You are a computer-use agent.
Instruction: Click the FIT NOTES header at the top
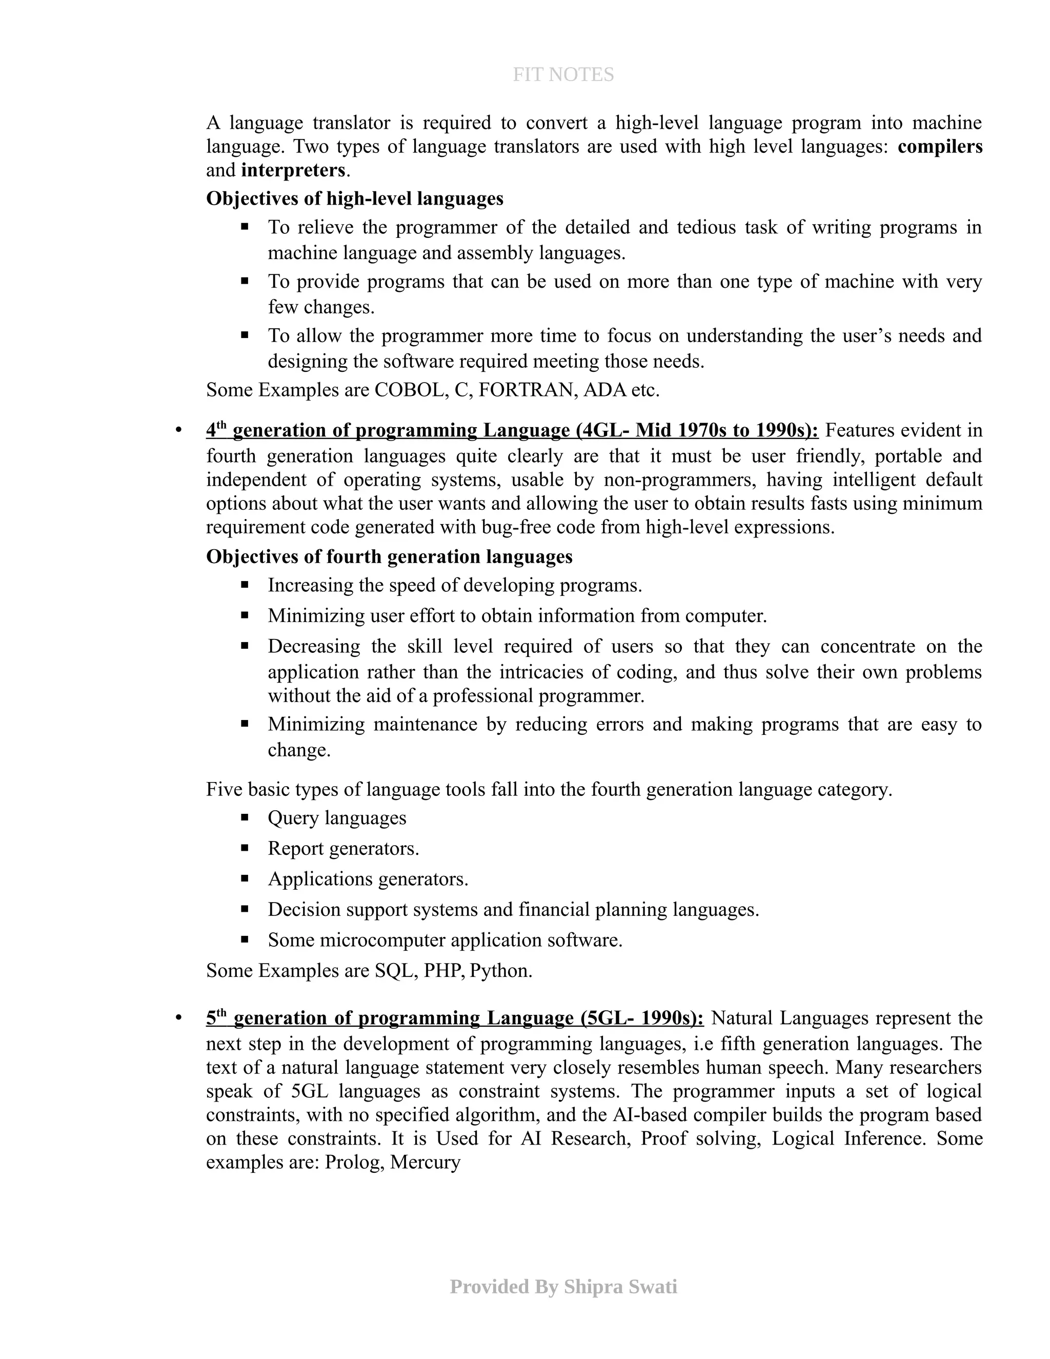click(x=563, y=75)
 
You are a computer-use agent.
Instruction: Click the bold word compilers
click(x=940, y=146)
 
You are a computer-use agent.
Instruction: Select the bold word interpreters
click(x=293, y=170)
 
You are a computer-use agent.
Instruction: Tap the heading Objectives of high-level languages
click(x=355, y=198)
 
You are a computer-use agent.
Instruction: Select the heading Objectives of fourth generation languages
click(x=389, y=556)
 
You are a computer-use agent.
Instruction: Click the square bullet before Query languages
click(x=245, y=817)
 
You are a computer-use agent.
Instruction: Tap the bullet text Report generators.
click(x=344, y=848)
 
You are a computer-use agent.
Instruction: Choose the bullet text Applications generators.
click(x=368, y=878)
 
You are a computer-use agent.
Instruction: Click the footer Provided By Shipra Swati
click(x=563, y=1286)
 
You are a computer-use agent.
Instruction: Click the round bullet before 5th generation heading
click(x=178, y=1018)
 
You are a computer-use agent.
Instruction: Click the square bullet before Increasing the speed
click(x=245, y=585)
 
